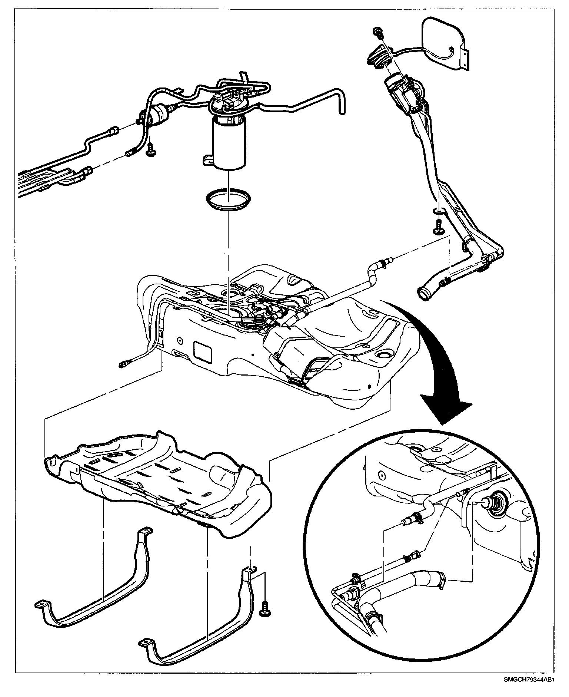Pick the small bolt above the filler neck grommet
[x=377, y=32]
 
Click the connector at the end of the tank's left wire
[x=123, y=365]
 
